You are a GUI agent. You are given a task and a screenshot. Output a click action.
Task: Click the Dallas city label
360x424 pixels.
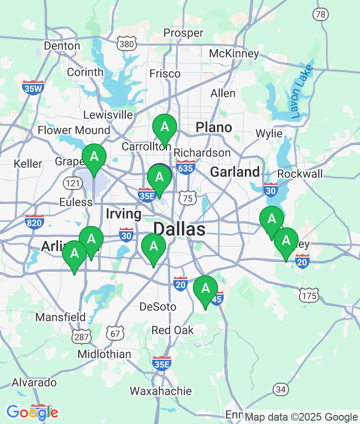point(180,229)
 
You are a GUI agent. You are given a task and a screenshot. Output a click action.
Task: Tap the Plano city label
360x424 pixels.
point(214,128)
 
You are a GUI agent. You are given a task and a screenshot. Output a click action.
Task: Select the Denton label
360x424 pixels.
point(62,46)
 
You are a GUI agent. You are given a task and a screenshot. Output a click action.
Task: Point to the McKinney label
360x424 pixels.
point(234,53)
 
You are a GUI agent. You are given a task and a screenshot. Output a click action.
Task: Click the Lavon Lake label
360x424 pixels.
point(301,92)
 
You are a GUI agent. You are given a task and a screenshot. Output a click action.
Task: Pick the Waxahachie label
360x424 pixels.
point(161,391)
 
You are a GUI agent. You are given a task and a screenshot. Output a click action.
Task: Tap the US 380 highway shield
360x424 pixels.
point(126,44)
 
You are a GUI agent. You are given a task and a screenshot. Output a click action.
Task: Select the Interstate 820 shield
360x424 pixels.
point(35,222)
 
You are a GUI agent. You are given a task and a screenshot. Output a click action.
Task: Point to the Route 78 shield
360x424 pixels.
point(321,14)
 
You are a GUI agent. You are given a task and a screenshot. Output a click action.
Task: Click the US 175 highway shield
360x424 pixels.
point(309,295)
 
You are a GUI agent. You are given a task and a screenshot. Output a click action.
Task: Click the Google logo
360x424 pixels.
point(32,412)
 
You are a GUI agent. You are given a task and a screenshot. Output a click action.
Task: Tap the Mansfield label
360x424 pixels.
point(60,318)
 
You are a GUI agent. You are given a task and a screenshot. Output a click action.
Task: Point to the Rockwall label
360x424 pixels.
point(300,174)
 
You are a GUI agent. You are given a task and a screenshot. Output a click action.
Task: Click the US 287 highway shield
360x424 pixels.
point(82,337)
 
